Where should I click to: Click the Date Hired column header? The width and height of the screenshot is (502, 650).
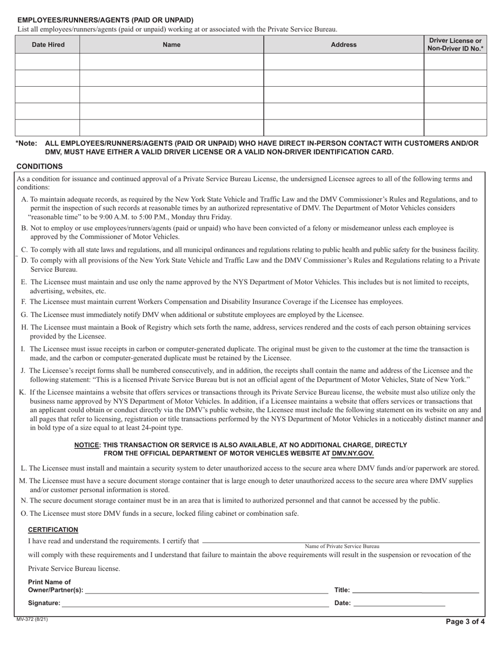[x=48, y=45]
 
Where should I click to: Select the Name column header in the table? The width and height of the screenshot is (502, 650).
[x=172, y=45]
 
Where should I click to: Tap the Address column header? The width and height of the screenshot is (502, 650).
[x=343, y=45]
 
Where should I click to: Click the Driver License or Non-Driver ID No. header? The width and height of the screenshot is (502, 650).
[x=455, y=45]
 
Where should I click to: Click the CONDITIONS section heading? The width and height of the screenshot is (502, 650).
[x=40, y=166]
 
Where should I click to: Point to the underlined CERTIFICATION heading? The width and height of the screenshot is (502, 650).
[x=53, y=530]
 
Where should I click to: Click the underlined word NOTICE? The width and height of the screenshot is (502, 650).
[x=87, y=445]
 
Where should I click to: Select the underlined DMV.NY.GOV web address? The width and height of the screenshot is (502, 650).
[x=352, y=453]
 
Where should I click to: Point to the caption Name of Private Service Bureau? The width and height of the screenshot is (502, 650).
[x=342, y=546]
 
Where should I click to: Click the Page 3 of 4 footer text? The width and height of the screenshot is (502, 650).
[x=465, y=621]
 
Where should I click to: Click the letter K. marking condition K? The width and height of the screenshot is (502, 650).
[x=22, y=392]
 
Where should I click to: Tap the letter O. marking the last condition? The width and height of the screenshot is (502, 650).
[x=24, y=513]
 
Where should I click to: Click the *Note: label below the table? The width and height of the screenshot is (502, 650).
[x=26, y=143]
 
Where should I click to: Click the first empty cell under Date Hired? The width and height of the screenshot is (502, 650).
[x=48, y=62]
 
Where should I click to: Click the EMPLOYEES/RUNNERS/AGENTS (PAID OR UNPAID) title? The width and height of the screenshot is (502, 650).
[x=106, y=20]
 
